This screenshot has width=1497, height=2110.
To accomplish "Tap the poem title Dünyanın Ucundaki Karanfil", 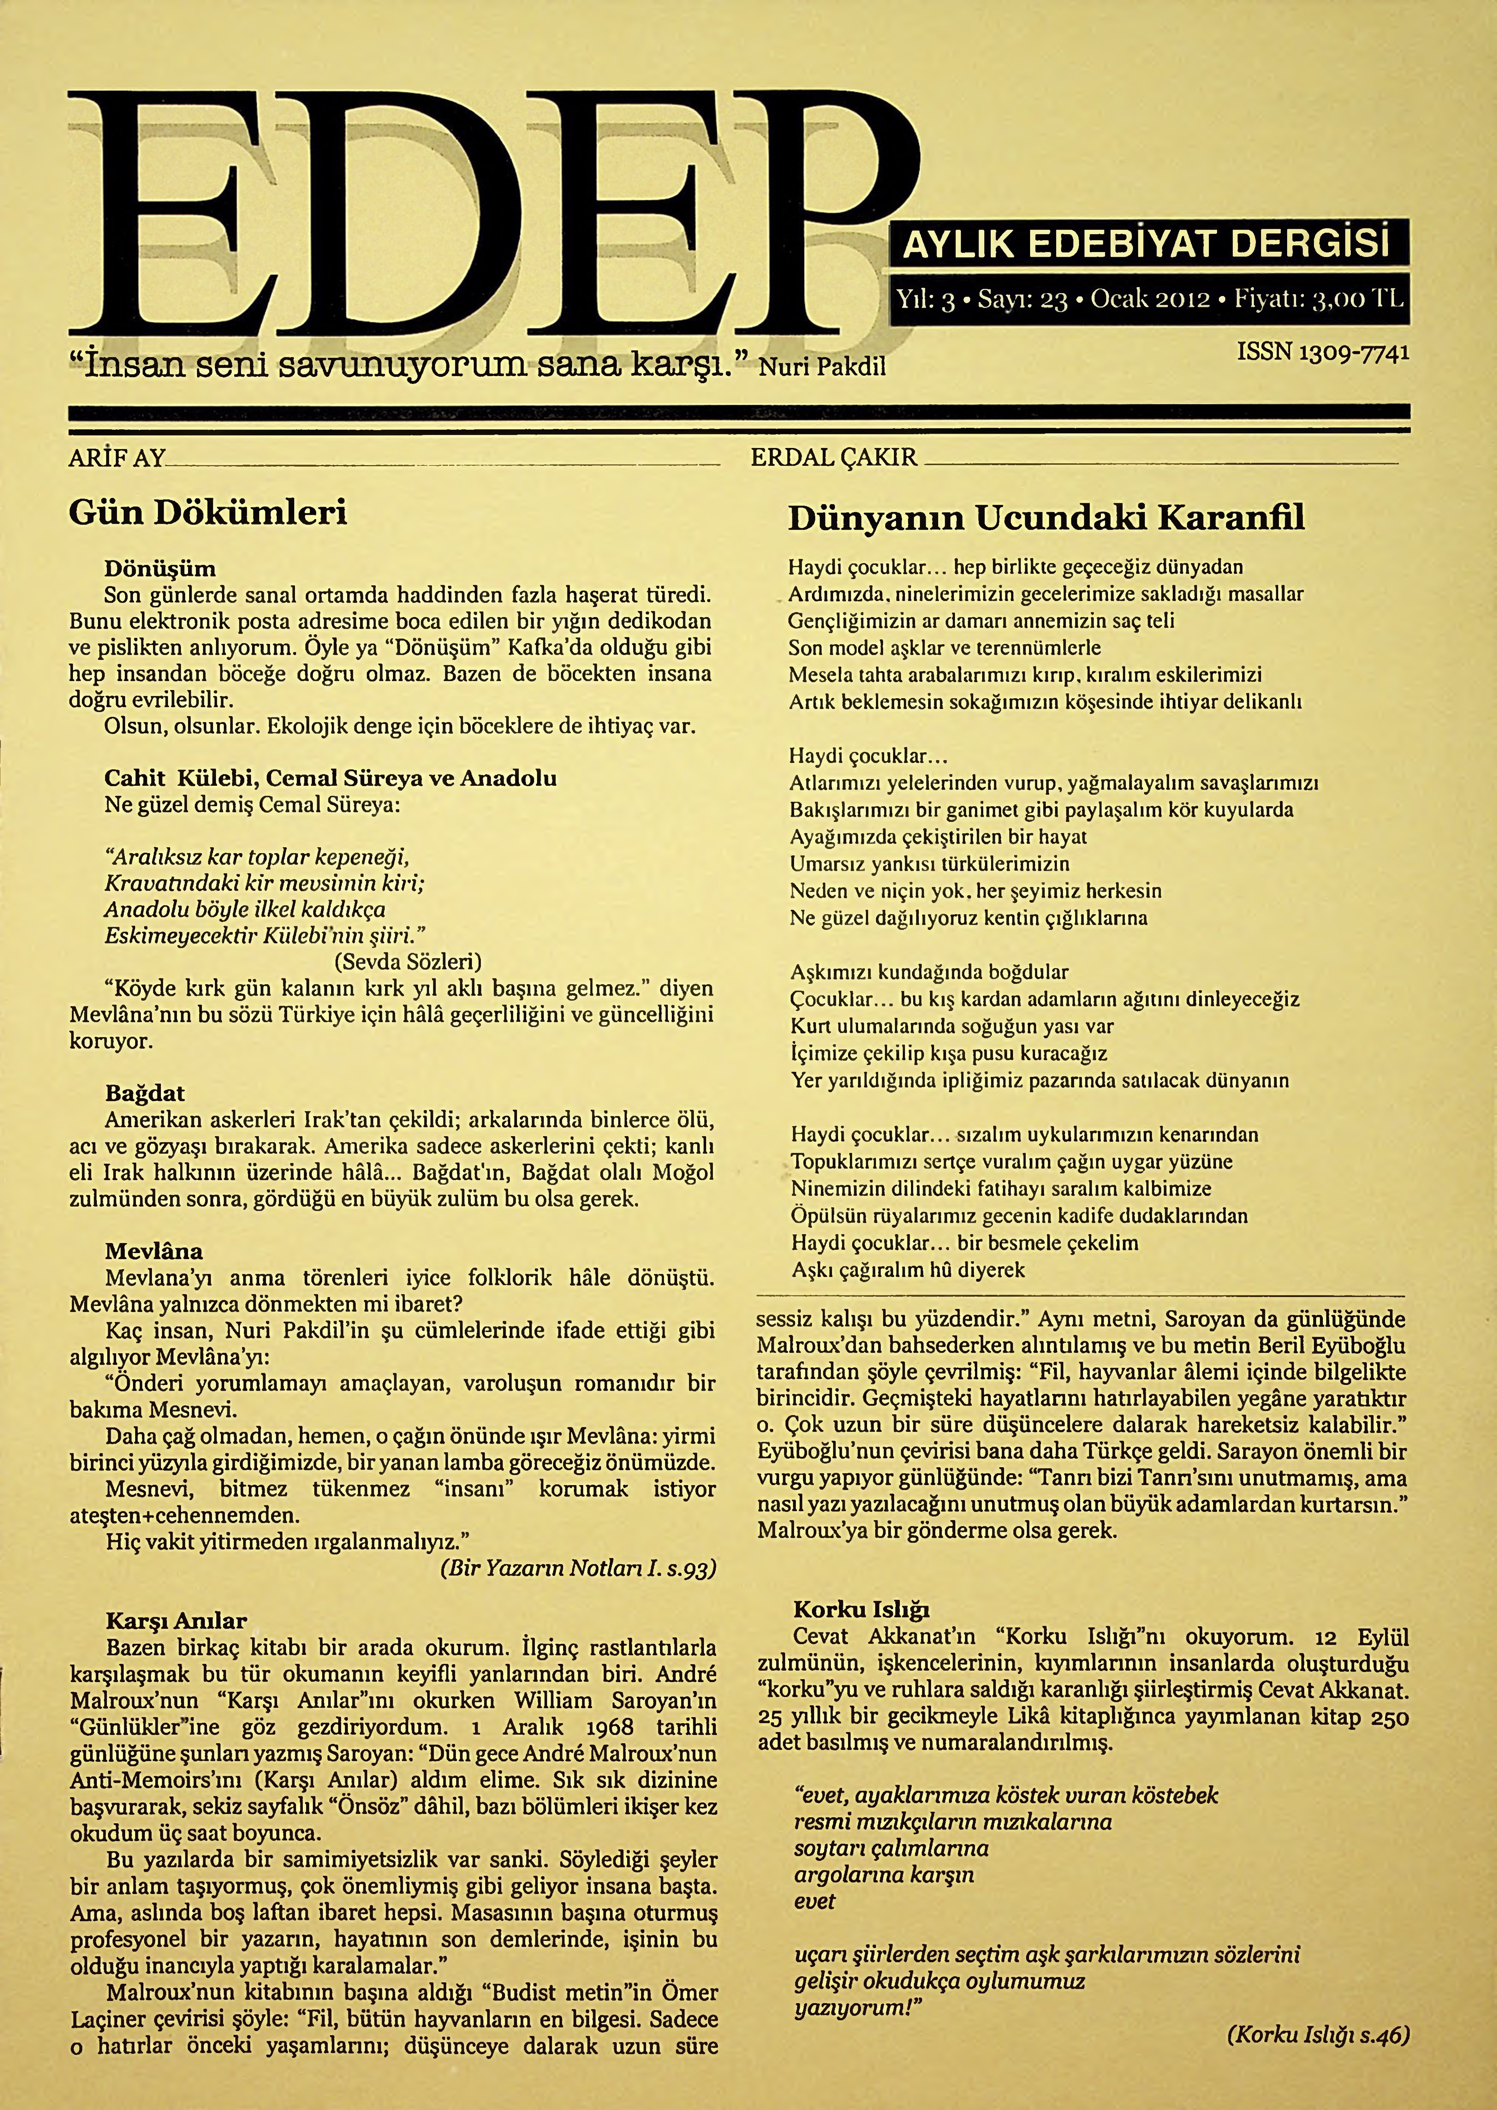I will click(x=1046, y=519).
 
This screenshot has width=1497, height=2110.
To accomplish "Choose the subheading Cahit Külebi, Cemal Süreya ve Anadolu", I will click(x=330, y=778).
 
